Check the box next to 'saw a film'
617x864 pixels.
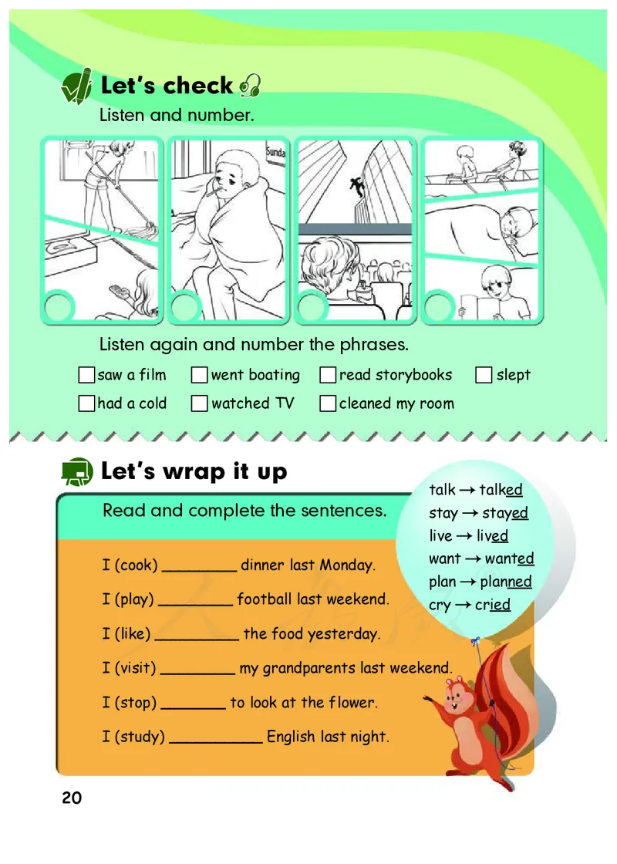point(86,375)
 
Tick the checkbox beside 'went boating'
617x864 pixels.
point(199,375)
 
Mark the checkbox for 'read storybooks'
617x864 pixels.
point(328,375)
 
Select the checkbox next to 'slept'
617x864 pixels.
point(483,375)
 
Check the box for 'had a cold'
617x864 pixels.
point(86,403)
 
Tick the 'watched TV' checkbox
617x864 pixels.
point(199,403)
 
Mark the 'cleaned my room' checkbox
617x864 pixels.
point(328,403)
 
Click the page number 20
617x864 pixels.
point(72,798)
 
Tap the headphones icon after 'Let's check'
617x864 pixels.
point(250,86)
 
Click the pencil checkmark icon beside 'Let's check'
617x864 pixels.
point(76,86)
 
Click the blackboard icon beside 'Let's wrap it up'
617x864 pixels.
point(77,471)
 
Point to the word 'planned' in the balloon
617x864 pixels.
point(506,582)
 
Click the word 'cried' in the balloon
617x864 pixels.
point(493,605)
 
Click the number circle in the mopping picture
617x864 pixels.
point(59,306)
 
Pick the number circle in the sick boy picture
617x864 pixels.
point(186,306)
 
